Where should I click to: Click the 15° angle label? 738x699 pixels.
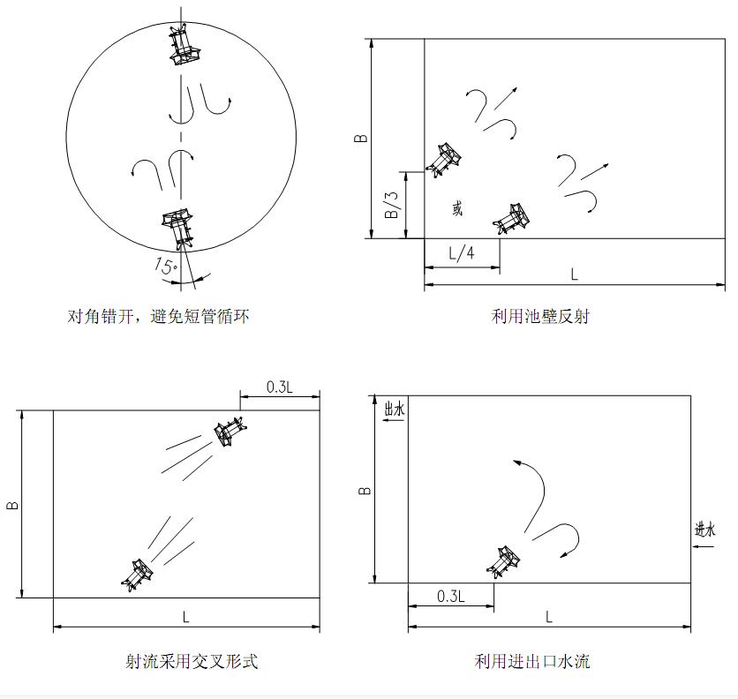(165, 267)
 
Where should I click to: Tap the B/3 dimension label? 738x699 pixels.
(392, 205)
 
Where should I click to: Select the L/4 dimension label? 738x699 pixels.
(461, 253)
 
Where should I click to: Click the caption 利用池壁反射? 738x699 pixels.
(540, 316)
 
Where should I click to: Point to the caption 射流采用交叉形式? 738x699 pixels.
(192, 661)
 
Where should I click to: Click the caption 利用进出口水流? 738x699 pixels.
(531, 661)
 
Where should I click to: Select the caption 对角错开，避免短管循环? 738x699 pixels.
(158, 316)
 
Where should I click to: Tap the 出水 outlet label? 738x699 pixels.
(395, 409)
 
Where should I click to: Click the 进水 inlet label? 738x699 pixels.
(704, 530)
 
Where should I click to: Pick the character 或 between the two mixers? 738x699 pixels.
(457, 208)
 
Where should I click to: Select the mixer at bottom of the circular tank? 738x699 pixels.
(178, 229)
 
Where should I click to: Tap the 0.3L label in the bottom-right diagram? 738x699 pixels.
(451, 597)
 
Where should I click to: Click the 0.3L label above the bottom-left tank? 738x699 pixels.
(280, 387)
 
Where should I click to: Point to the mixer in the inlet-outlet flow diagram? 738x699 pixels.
(503, 562)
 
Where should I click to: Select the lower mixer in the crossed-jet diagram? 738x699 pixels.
(138, 575)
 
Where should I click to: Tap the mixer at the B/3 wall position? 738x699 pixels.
(443, 160)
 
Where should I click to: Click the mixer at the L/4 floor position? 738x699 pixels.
(511, 219)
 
